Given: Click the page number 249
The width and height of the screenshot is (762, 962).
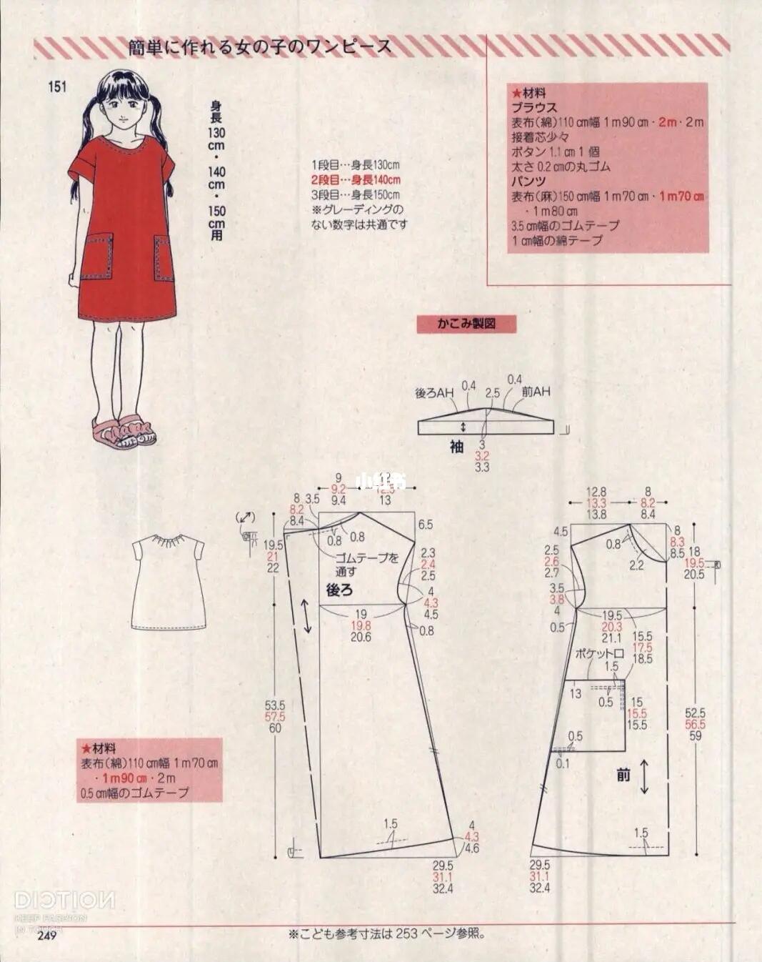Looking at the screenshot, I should (46, 936).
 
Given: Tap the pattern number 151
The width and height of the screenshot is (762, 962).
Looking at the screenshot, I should (57, 86).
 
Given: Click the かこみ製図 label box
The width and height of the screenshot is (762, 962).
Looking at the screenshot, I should (466, 324).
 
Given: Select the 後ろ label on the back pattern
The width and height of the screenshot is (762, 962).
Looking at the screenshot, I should (339, 590).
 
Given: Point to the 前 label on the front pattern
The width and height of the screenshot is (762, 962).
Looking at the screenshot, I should (623, 774).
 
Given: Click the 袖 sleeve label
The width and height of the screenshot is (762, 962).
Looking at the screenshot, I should (457, 447).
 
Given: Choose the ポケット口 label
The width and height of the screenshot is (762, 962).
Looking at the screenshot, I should (600, 653).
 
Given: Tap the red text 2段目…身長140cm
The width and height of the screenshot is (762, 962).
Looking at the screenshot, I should (355, 180).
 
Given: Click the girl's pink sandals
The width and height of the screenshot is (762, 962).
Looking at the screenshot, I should (124, 431).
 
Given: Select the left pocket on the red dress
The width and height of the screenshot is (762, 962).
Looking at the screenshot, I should (97, 256).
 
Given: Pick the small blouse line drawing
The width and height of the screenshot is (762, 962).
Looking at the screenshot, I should (169, 581).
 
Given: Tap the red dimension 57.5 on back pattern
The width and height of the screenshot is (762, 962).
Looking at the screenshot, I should (275, 717).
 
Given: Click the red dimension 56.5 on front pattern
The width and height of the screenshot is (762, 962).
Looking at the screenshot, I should (695, 724).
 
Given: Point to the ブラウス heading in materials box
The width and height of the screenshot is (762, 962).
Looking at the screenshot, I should (533, 107).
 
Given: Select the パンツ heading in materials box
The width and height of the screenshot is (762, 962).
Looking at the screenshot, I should (528, 182).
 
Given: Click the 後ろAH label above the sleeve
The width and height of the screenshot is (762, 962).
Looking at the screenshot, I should (434, 393).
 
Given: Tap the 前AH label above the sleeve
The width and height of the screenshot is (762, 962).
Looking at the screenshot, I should (536, 392).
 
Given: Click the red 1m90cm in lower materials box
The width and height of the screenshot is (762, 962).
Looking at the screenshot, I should (124, 778).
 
